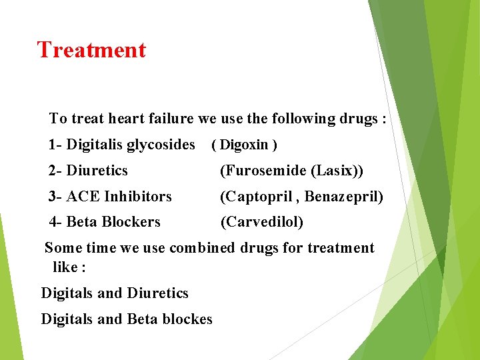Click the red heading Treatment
coord(91,50)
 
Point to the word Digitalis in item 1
coord(95,145)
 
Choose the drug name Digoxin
coord(244,145)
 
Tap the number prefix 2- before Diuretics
coord(55,171)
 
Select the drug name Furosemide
coord(264,171)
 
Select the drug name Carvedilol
coord(261,222)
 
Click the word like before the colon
coord(64,267)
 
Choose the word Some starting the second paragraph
coord(63,248)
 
